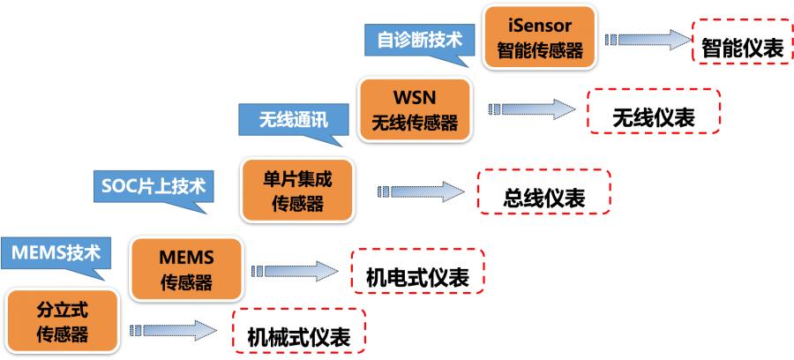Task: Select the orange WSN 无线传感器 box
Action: point(415,109)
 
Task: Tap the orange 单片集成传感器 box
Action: point(297,190)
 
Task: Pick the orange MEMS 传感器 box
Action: point(186,269)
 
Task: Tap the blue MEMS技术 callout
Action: point(56,253)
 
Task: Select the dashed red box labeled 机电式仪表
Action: point(416,277)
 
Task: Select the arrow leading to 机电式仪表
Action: point(295,271)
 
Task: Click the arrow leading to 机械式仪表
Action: point(173,330)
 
